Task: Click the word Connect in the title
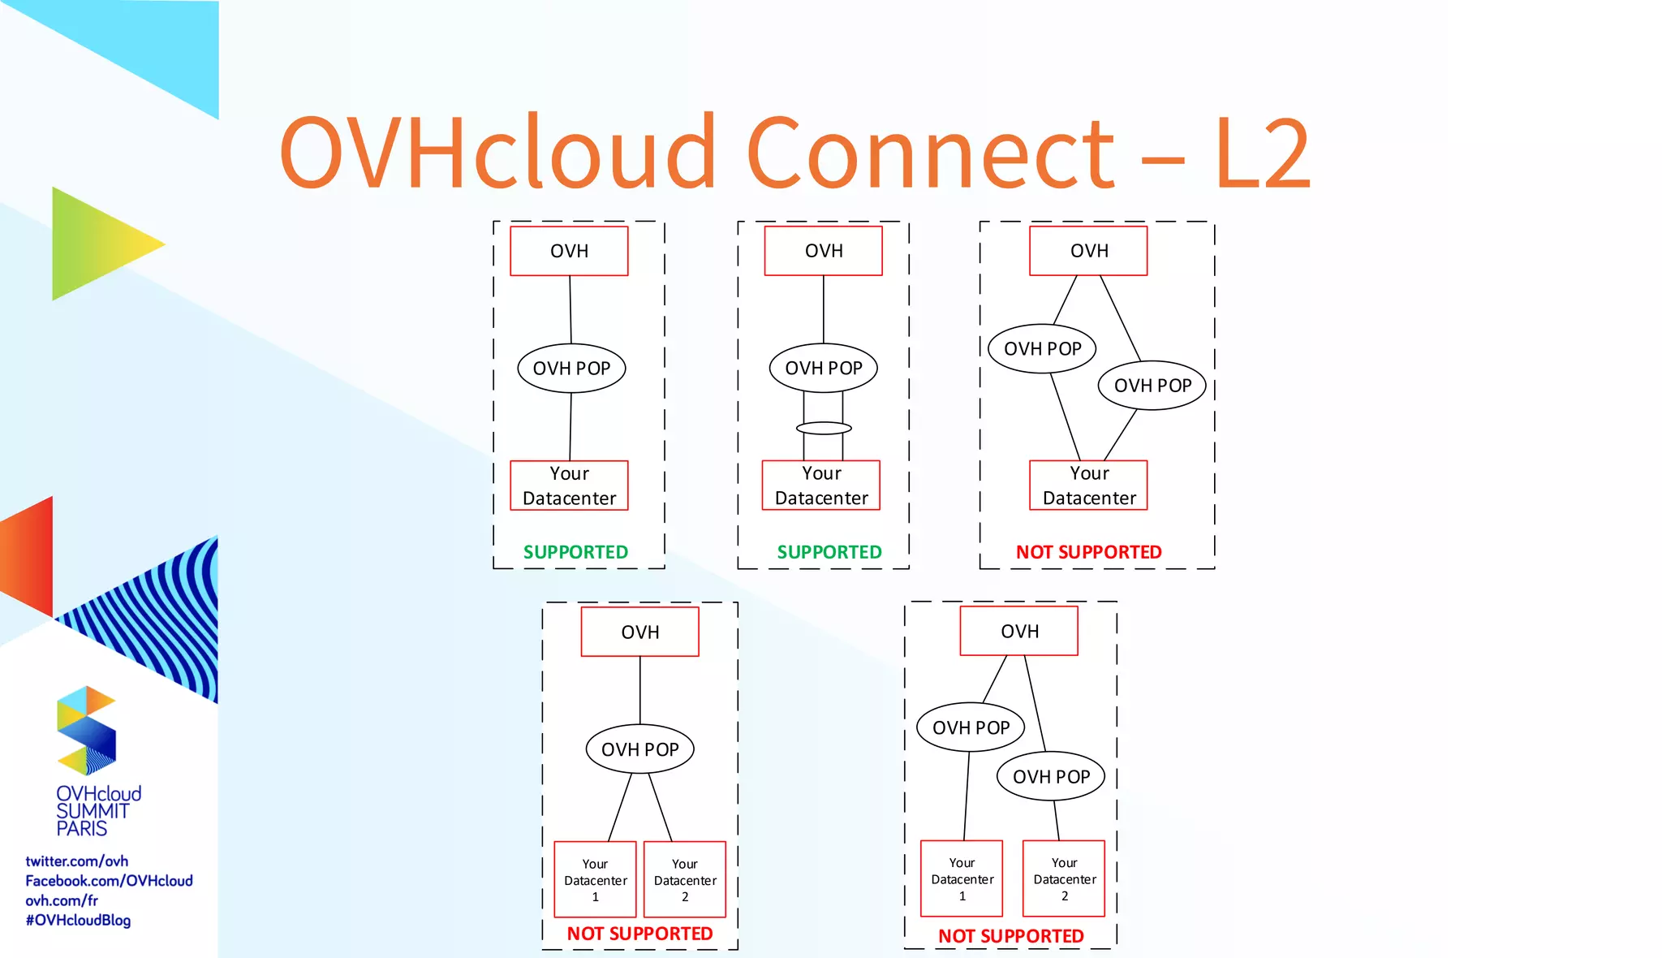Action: coord(930,153)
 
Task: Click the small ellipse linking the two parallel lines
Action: coord(824,428)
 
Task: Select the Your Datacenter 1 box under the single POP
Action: coord(595,879)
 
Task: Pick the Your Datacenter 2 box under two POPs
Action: coord(1064,878)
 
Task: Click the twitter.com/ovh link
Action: coord(76,861)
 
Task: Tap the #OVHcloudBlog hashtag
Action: coord(78,920)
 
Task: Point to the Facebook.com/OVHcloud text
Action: coord(109,880)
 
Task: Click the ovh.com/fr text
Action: coord(62,900)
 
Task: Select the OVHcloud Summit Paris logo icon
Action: coord(86,730)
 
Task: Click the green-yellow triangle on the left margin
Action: coord(97,244)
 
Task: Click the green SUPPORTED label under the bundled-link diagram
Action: coord(829,552)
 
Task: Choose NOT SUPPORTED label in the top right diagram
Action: coord(1088,552)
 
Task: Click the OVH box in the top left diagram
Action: coord(569,251)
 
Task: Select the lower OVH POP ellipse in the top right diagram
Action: coord(1152,386)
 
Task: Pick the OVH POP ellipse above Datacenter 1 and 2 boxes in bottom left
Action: coord(639,749)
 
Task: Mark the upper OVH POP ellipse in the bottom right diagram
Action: coord(971,727)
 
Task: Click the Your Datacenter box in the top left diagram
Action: coord(569,485)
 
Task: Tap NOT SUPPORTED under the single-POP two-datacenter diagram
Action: coord(639,934)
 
